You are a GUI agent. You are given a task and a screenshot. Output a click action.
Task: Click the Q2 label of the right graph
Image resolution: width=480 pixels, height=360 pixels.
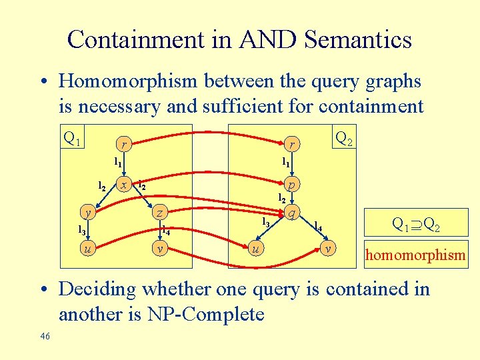tap(345, 139)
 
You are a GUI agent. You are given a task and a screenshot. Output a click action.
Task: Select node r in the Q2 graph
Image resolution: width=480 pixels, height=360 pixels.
tap(291, 143)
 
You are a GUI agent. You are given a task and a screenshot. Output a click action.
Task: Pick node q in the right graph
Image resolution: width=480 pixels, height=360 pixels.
tap(291, 213)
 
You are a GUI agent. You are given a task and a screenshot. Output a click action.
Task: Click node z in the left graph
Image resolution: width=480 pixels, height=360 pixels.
tap(159, 213)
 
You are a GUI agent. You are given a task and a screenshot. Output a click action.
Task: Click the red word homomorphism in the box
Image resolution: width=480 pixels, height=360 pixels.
tap(416, 254)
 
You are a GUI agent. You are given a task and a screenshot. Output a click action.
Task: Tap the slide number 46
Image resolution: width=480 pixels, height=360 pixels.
tap(45, 336)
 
